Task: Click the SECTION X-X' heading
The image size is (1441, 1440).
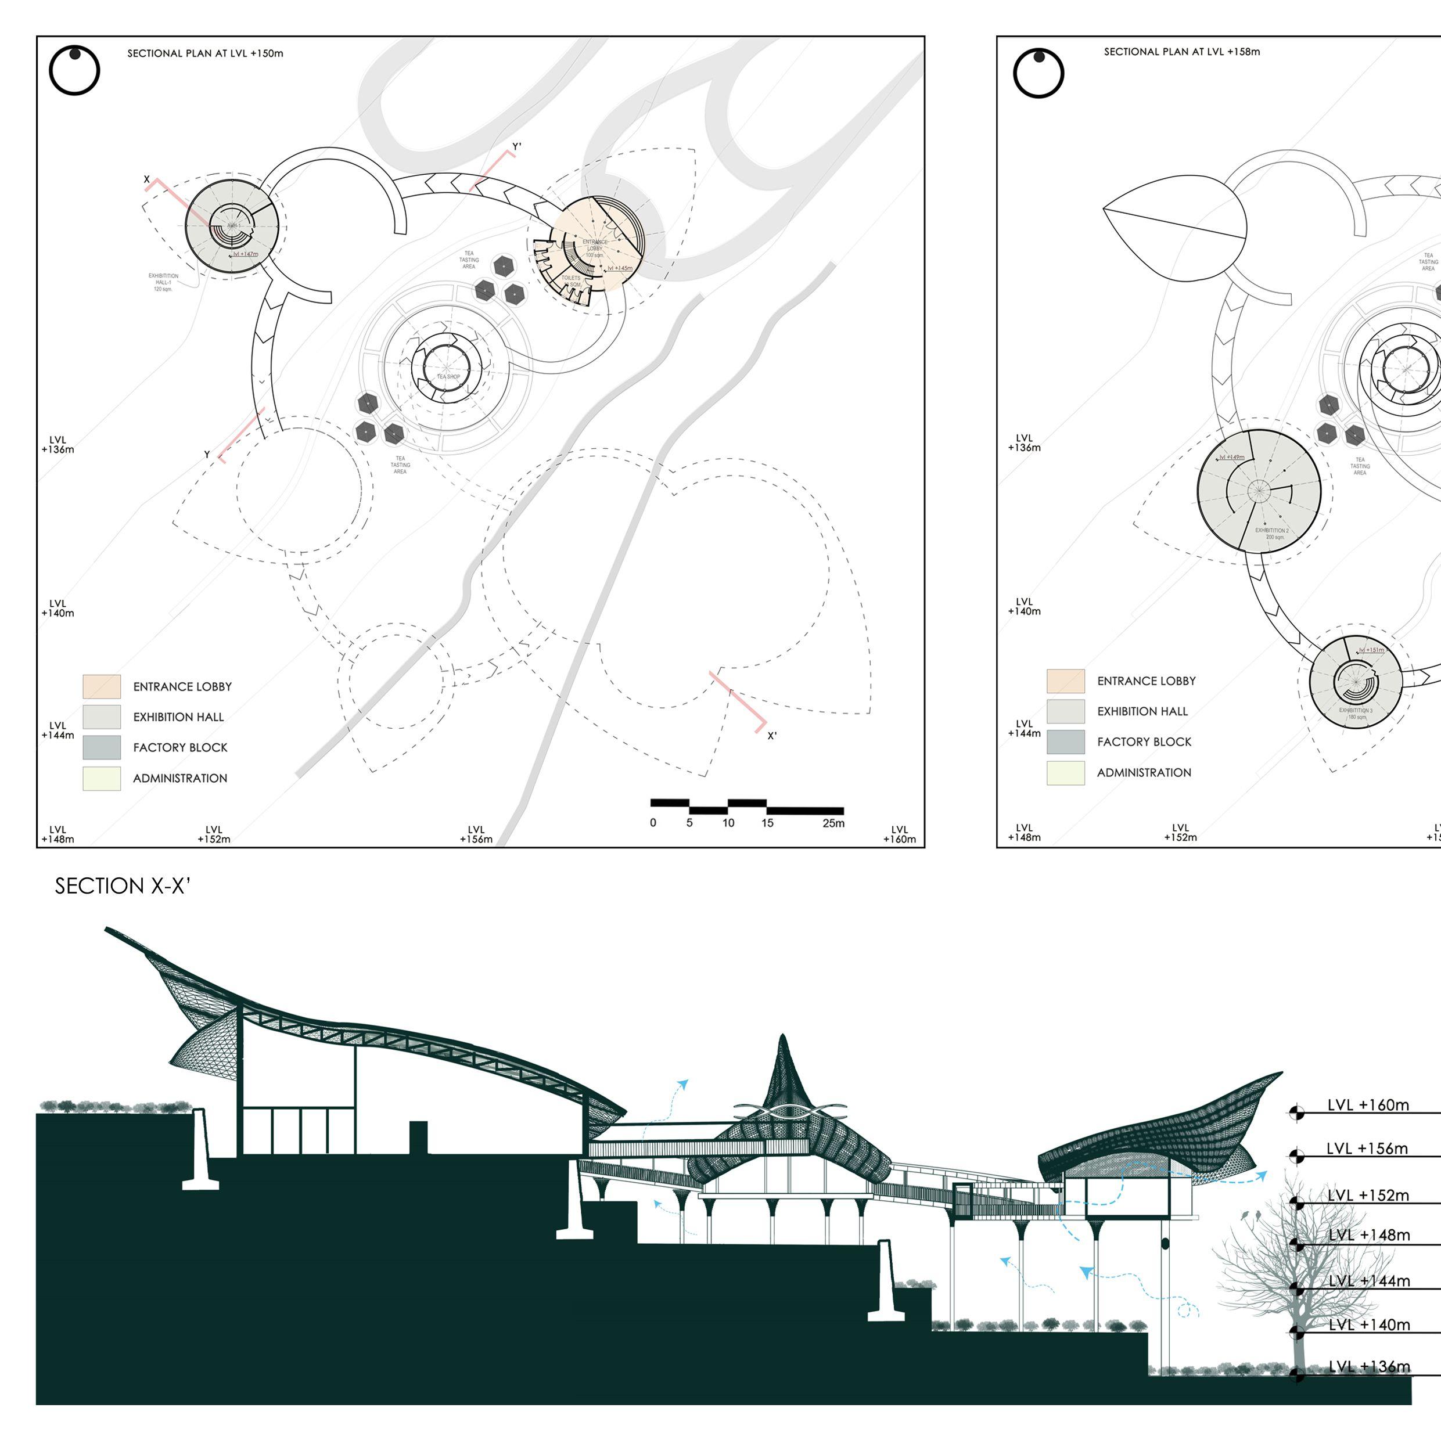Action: coord(123,886)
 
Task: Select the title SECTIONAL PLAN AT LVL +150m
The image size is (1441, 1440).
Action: coord(205,53)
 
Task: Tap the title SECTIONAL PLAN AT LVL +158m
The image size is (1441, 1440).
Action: coord(1181,52)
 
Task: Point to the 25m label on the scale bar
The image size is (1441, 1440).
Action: coord(833,823)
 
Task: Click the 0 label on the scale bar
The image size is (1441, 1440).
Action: coord(653,823)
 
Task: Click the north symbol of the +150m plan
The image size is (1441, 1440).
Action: coord(74,70)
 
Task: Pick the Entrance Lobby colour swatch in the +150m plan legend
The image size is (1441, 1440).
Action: coord(102,686)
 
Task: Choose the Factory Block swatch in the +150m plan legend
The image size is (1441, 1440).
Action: coord(102,747)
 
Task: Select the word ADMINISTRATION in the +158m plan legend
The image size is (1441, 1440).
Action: coord(1144,773)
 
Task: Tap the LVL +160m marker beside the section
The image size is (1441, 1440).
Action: coord(1367,1105)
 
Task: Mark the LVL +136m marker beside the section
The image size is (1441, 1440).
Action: coord(1368,1367)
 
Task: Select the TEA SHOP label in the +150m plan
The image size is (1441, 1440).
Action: coord(448,377)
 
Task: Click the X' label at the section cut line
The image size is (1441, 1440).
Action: coord(772,736)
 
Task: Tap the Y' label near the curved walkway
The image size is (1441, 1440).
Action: coord(517,147)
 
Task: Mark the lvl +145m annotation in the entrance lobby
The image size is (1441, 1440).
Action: coord(619,268)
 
